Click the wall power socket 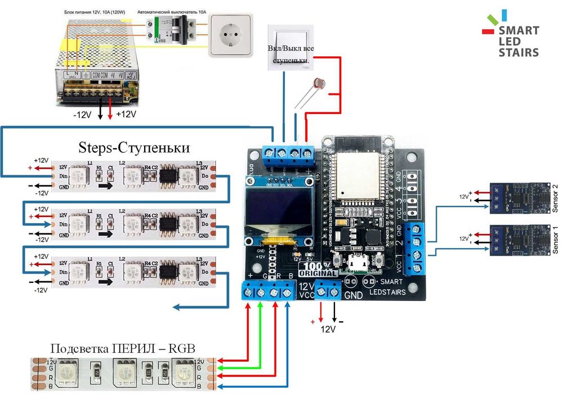pos(231,36)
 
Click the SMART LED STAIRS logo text pos(519,41)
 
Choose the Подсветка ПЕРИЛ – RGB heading pos(123,348)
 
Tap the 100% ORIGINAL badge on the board pos(320,269)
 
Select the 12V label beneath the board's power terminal pos(328,327)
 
